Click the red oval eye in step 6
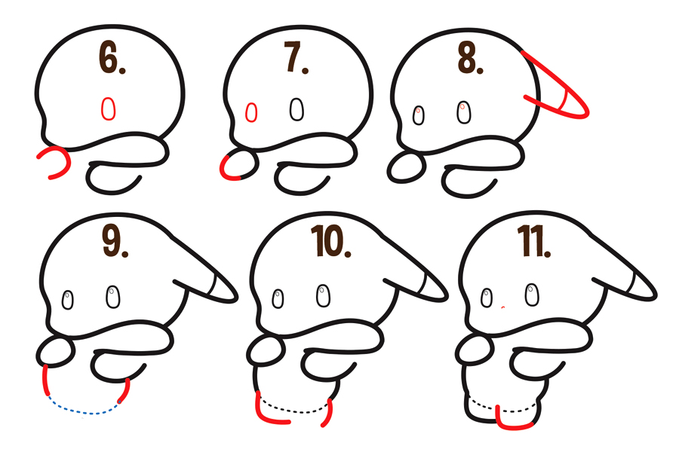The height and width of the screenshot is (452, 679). pyautogui.click(x=109, y=109)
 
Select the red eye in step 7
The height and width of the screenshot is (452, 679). pyautogui.click(x=251, y=113)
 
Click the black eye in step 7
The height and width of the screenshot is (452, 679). pyautogui.click(x=297, y=110)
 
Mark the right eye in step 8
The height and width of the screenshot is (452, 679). pyautogui.click(x=463, y=113)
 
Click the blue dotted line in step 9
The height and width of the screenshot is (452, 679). pyautogui.click(x=83, y=411)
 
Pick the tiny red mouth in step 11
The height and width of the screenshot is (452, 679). pyautogui.click(x=503, y=308)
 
